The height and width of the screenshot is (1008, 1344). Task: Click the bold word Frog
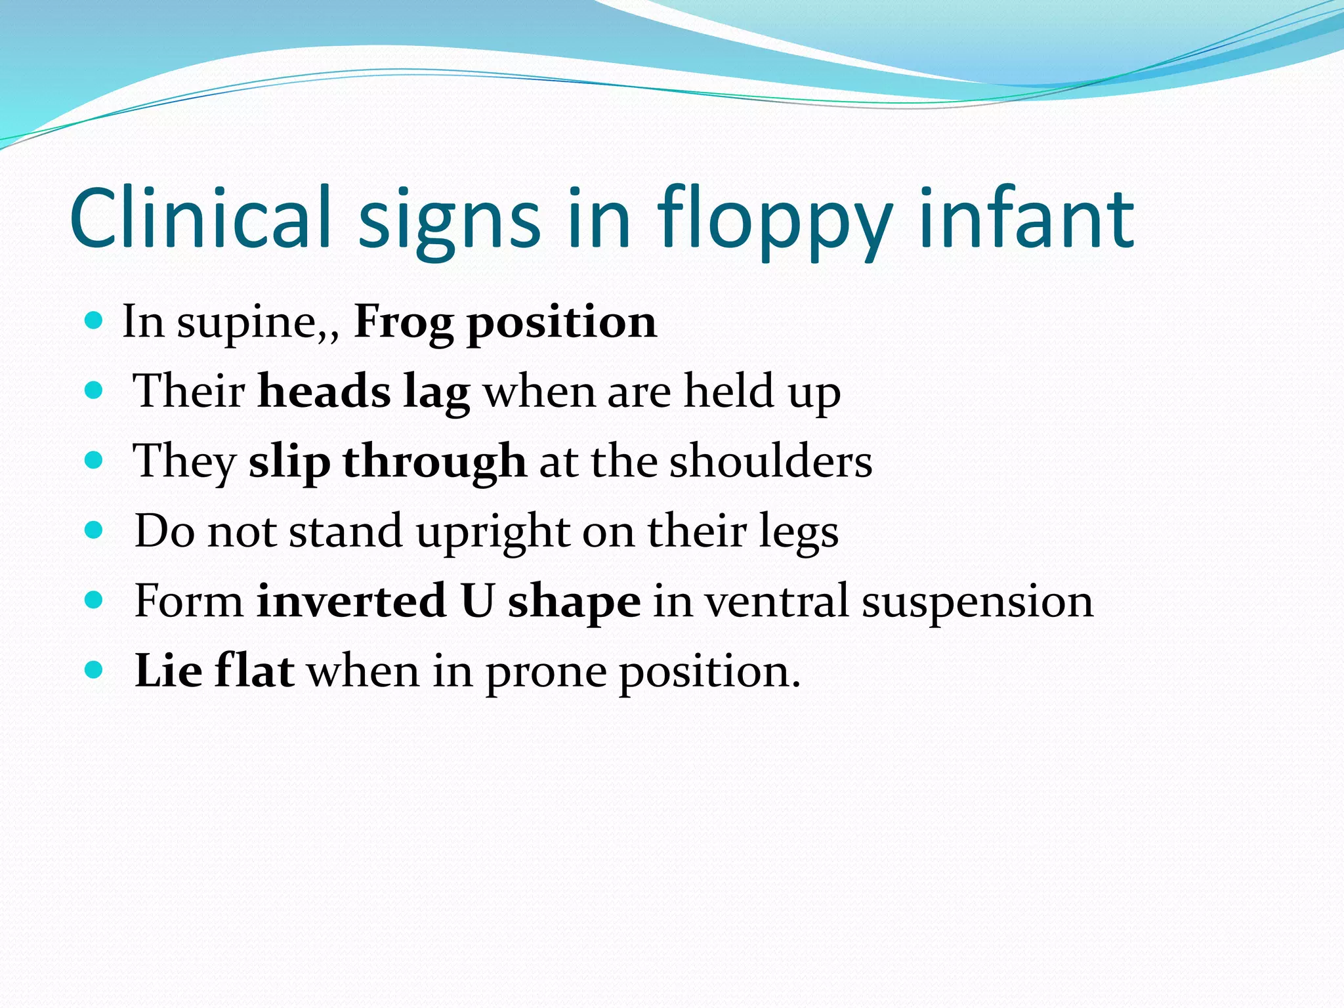click(404, 323)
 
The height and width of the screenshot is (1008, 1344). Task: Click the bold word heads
click(324, 391)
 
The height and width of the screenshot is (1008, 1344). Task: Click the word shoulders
click(770, 461)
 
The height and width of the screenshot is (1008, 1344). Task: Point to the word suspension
click(977, 602)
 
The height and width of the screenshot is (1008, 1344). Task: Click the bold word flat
click(254, 671)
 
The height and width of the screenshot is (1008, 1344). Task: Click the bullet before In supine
click(94, 321)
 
